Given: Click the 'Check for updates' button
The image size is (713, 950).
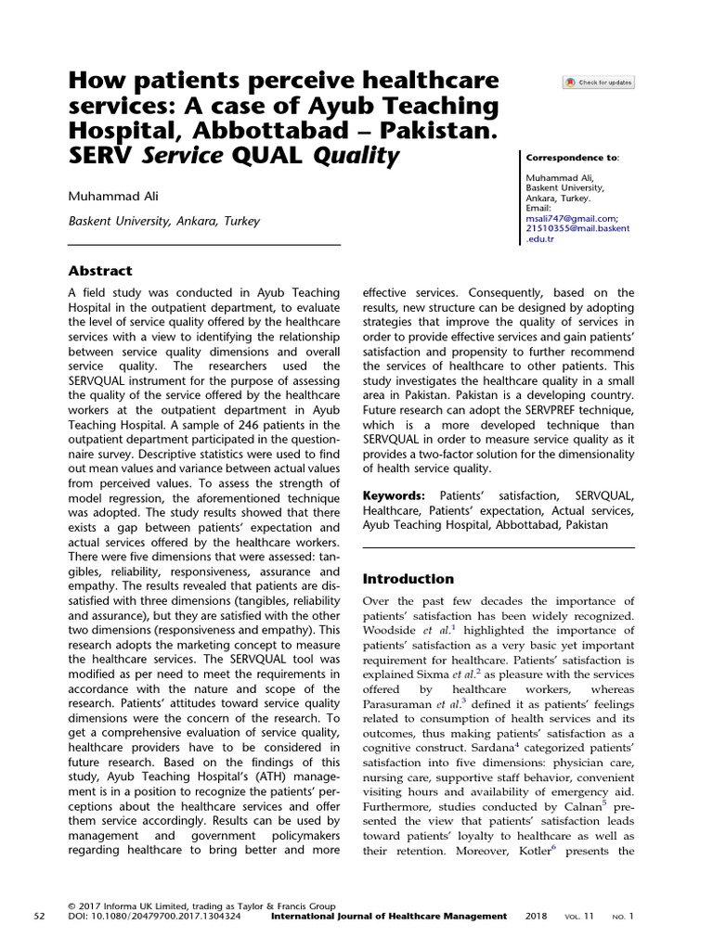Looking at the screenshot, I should (x=598, y=83).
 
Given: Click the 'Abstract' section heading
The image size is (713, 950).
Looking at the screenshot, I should (x=101, y=271).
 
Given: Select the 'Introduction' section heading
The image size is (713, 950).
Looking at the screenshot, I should (x=408, y=579).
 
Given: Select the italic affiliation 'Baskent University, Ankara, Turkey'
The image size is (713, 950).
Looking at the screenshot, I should (x=164, y=222).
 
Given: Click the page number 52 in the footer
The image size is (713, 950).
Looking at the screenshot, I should (x=39, y=917).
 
